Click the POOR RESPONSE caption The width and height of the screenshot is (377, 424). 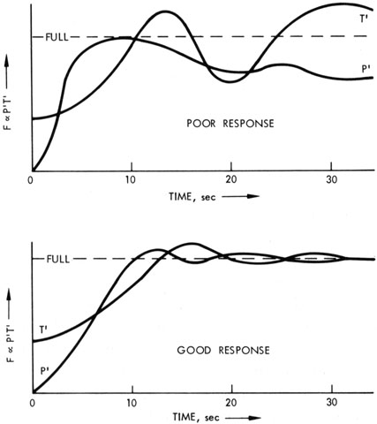pyautogui.click(x=230, y=123)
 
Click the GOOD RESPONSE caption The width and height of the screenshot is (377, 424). pyautogui.click(x=223, y=350)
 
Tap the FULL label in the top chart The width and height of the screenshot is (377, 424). pyautogui.click(x=57, y=37)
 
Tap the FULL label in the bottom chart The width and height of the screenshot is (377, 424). pyautogui.click(x=58, y=259)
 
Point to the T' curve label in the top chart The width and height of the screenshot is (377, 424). pyautogui.click(x=364, y=19)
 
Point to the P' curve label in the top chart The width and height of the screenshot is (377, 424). pyautogui.click(x=366, y=69)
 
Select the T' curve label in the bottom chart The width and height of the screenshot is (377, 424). pyautogui.click(x=43, y=329)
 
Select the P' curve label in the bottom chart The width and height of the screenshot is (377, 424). pyautogui.click(x=45, y=371)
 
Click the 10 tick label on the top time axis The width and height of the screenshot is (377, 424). pyautogui.click(x=131, y=179)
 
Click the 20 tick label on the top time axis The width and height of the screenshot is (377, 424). pyautogui.click(x=231, y=179)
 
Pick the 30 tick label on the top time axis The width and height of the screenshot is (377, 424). pyautogui.click(x=332, y=179)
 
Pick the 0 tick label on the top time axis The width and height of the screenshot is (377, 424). pyautogui.click(x=30, y=180)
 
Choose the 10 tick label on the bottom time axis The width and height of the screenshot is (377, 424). pyautogui.click(x=132, y=403)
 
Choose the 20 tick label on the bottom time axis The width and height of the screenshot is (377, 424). pyautogui.click(x=231, y=403)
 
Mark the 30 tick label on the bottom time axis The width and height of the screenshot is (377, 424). pyautogui.click(x=332, y=403)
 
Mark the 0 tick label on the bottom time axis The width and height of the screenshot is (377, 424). pyautogui.click(x=32, y=403)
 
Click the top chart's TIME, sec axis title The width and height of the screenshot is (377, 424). pyautogui.click(x=192, y=196)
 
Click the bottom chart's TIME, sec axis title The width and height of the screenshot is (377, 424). pyautogui.click(x=196, y=417)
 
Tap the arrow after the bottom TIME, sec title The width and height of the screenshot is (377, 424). pyautogui.click(x=243, y=418)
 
